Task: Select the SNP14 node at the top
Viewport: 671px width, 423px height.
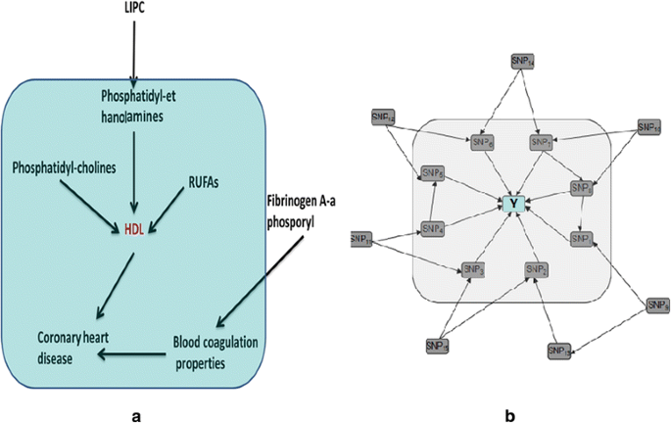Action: (x=521, y=61)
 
